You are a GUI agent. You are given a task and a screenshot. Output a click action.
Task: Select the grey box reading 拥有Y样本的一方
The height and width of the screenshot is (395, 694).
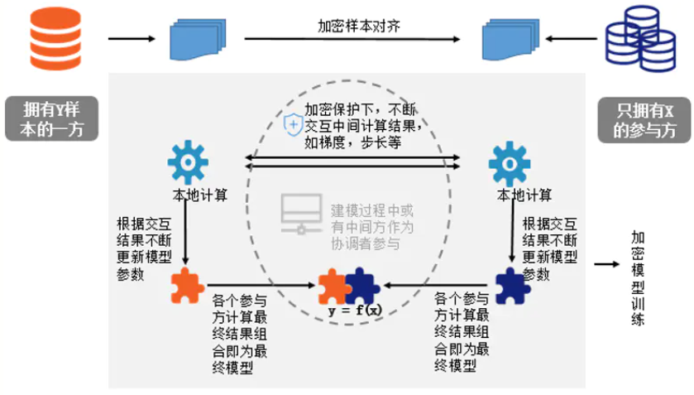(50, 118)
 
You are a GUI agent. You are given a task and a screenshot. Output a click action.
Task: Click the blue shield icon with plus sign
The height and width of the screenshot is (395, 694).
(294, 124)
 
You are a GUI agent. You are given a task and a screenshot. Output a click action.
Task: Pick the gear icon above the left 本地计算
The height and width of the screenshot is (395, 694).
(188, 165)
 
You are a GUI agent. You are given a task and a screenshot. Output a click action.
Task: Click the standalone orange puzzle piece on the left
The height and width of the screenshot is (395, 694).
(188, 287)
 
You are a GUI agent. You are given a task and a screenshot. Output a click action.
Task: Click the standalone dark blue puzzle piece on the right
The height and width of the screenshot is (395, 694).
(510, 287)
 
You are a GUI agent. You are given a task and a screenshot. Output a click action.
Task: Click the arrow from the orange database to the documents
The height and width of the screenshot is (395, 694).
(132, 38)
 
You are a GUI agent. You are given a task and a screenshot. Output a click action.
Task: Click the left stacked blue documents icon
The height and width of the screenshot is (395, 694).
(196, 37)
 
